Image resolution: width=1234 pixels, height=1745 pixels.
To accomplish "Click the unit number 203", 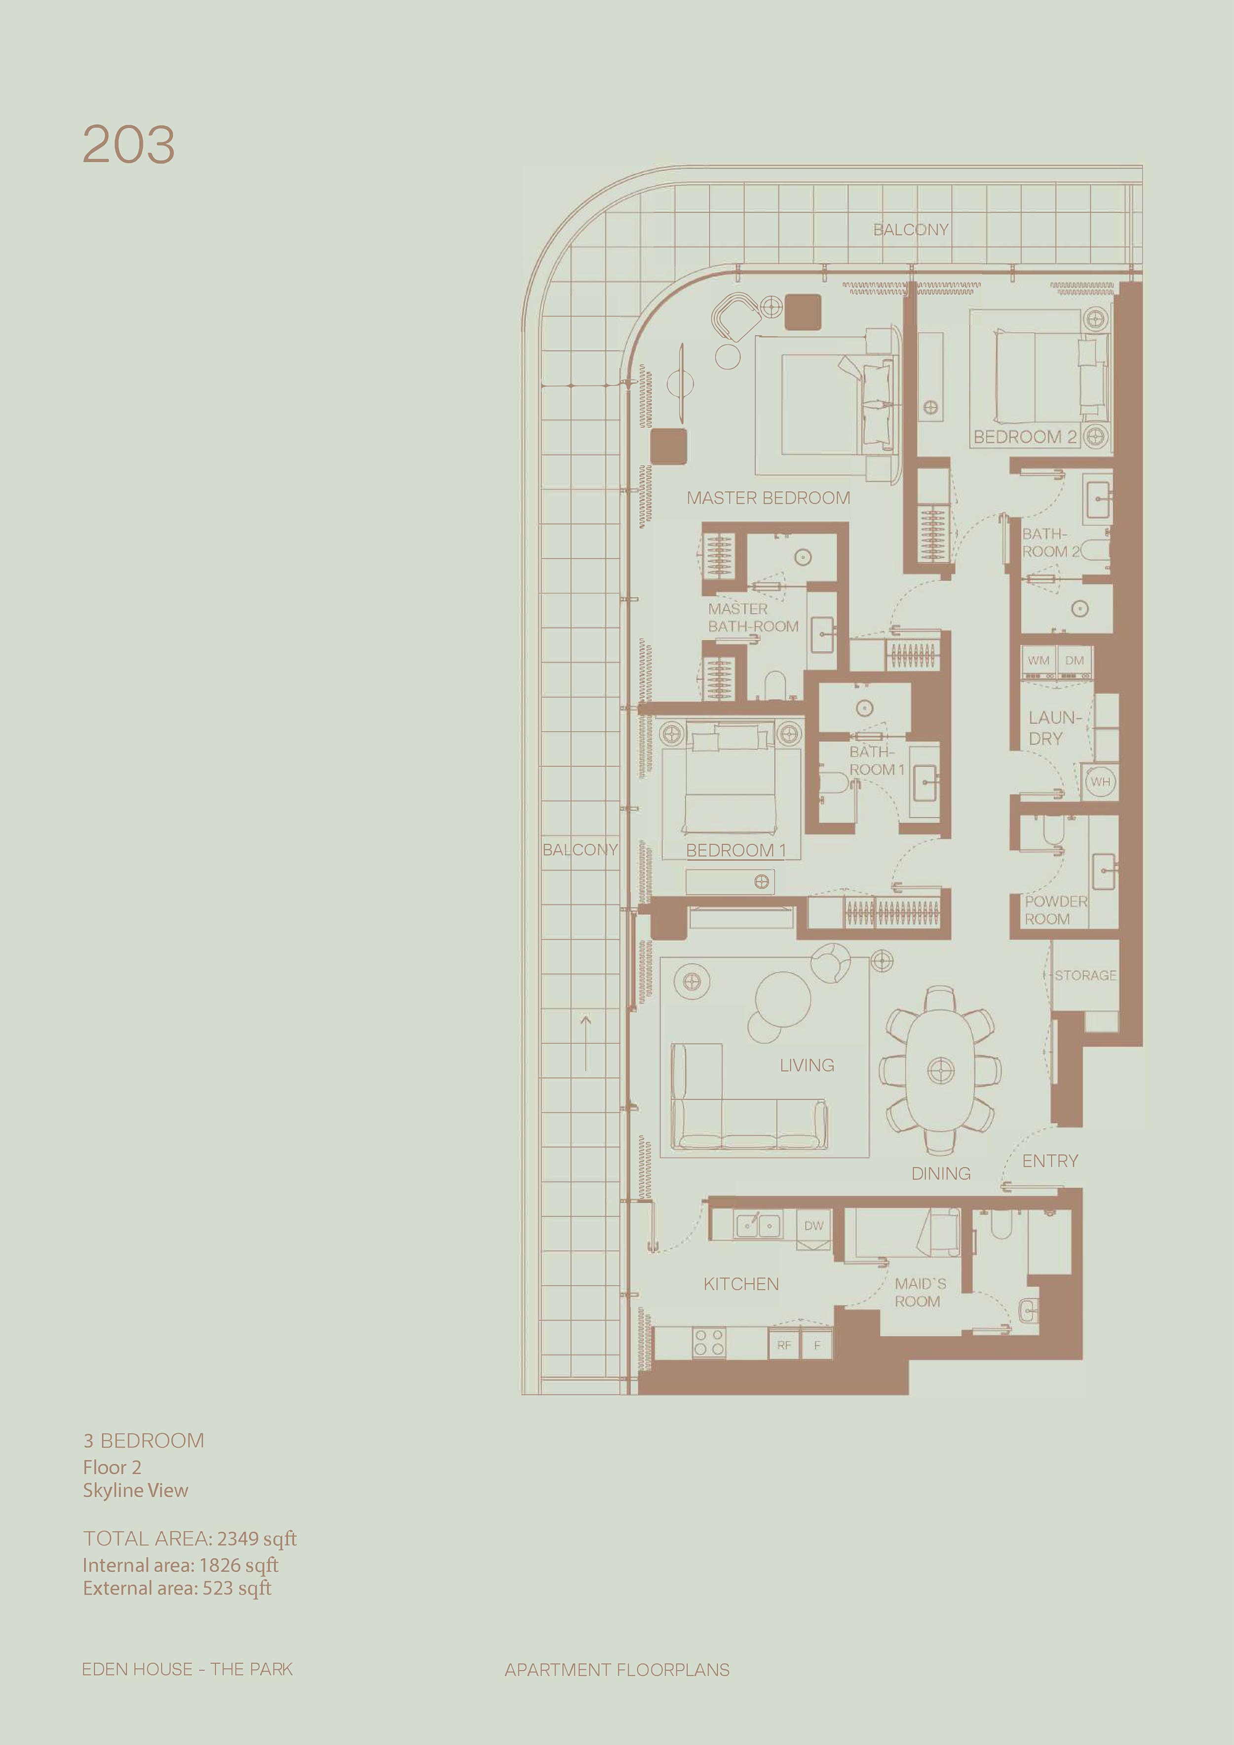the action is [128, 145].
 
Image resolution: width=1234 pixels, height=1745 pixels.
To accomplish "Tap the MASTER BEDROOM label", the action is [768, 498].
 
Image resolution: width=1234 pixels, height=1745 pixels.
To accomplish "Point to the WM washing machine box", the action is [1038, 660].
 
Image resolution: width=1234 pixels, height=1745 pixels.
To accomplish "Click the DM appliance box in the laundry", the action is [1075, 660].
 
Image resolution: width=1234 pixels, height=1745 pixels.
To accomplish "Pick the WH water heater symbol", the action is [1100, 781].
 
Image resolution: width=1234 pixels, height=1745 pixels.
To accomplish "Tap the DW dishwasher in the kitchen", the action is [814, 1226].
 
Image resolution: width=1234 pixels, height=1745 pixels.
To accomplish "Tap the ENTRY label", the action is [1050, 1161].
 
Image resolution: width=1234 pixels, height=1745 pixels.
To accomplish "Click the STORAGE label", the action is [1086, 975].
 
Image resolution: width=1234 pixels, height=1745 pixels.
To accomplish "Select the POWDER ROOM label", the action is [1056, 910].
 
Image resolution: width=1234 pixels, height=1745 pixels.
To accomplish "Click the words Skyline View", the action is [135, 1490].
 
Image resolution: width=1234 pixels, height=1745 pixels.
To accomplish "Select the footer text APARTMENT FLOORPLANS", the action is [617, 1670].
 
